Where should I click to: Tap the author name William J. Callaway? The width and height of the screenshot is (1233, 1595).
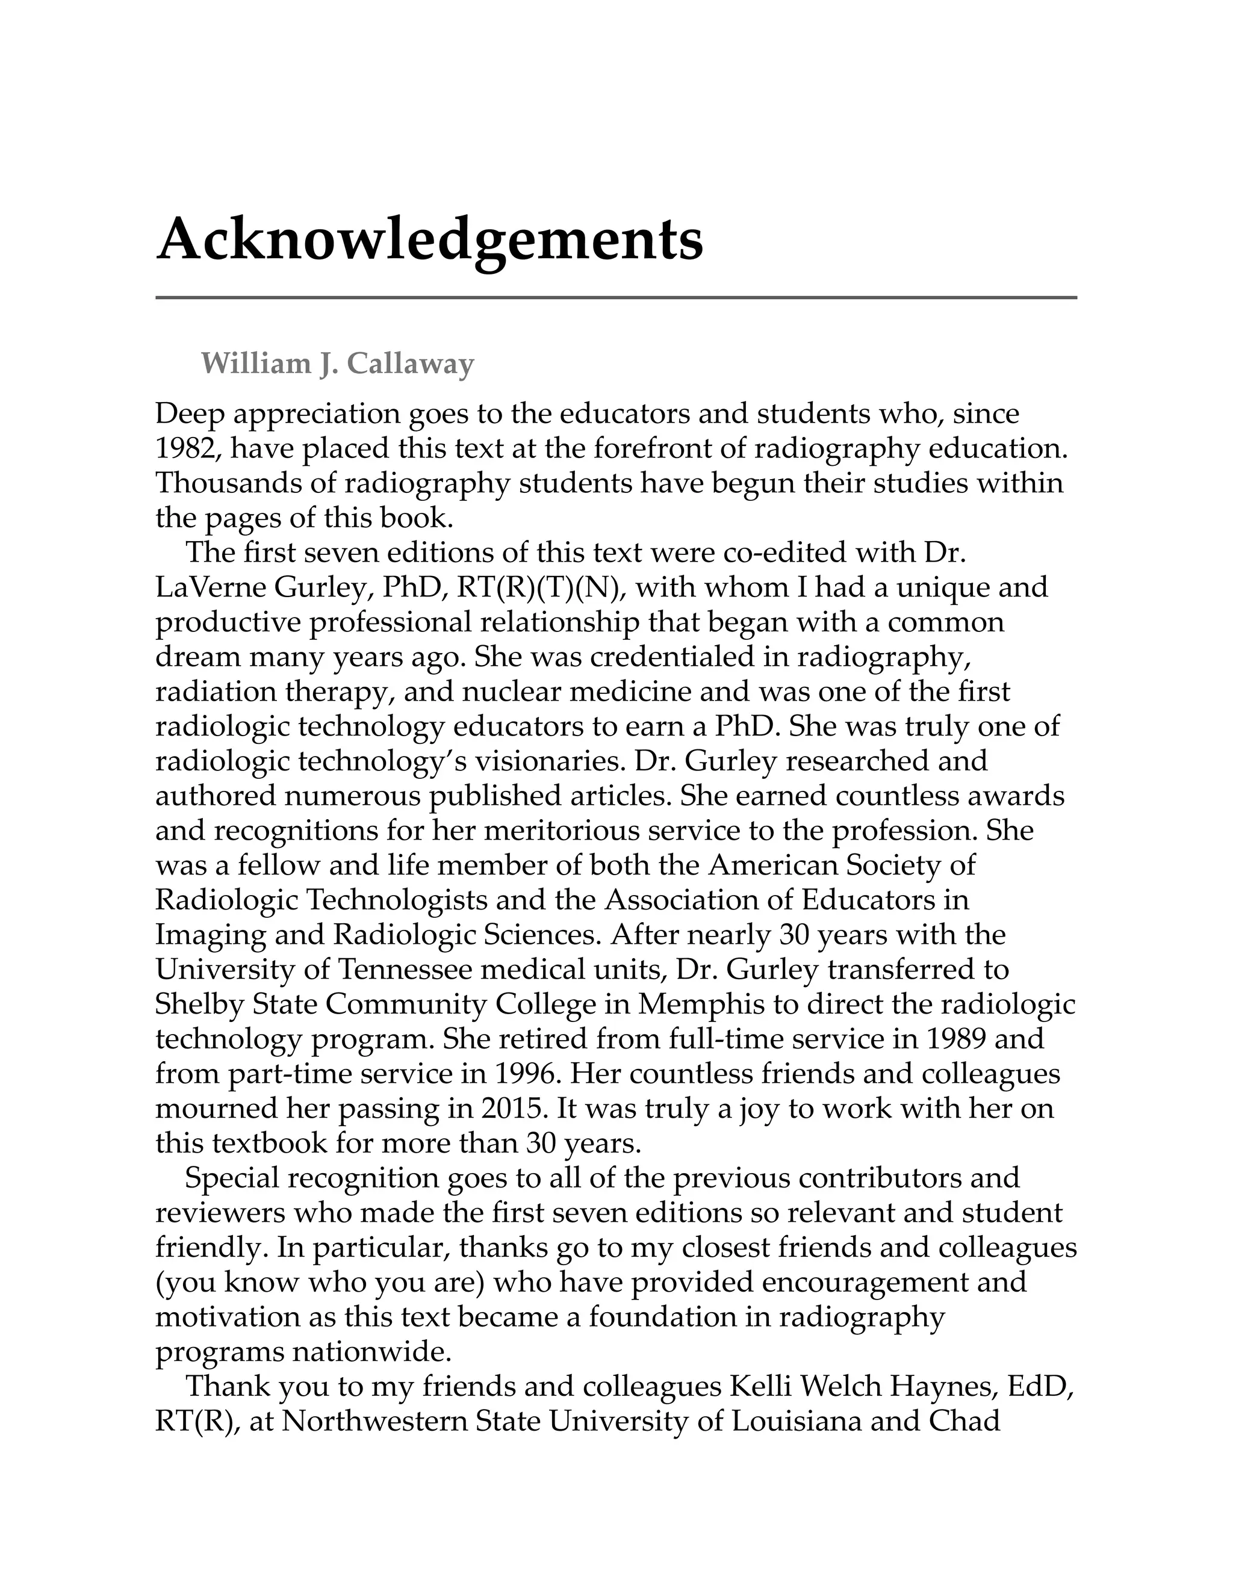coord(338,363)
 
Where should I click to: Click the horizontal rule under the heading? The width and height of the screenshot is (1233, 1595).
coord(616,297)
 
